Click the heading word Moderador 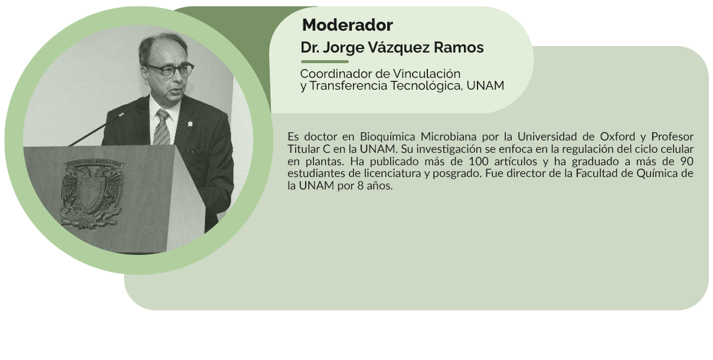(347, 25)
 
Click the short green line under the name (325, 62)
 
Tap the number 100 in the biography (479, 162)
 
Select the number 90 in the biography (687, 162)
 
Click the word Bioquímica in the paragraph (387, 137)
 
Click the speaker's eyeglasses (170, 70)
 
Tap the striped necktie (162, 127)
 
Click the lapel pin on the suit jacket (190, 123)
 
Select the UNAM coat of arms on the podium (92, 193)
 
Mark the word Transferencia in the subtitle (348, 86)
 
